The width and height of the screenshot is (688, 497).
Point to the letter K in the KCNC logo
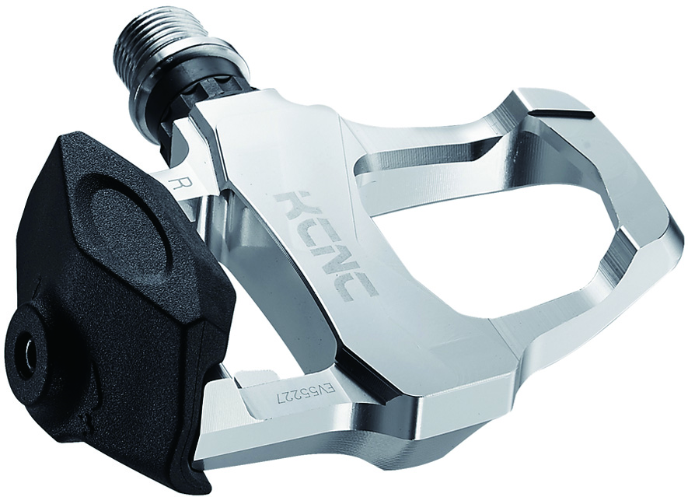pyautogui.click(x=296, y=205)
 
